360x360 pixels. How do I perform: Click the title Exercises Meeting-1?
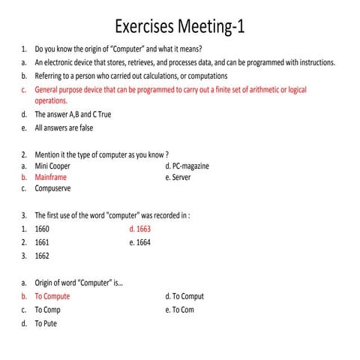[x=180, y=27]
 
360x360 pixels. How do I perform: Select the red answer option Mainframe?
[x=50, y=178]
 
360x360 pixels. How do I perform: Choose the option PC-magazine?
[x=190, y=165]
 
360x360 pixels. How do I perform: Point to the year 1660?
[x=42, y=229]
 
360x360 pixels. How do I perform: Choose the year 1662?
[x=42, y=255]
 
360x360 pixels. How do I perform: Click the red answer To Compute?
[x=52, y=296]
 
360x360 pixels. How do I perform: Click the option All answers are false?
[x=64, y=128]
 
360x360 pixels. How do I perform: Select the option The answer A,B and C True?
[x=73, y=115]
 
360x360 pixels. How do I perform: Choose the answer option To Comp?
[x=48, y=309]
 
